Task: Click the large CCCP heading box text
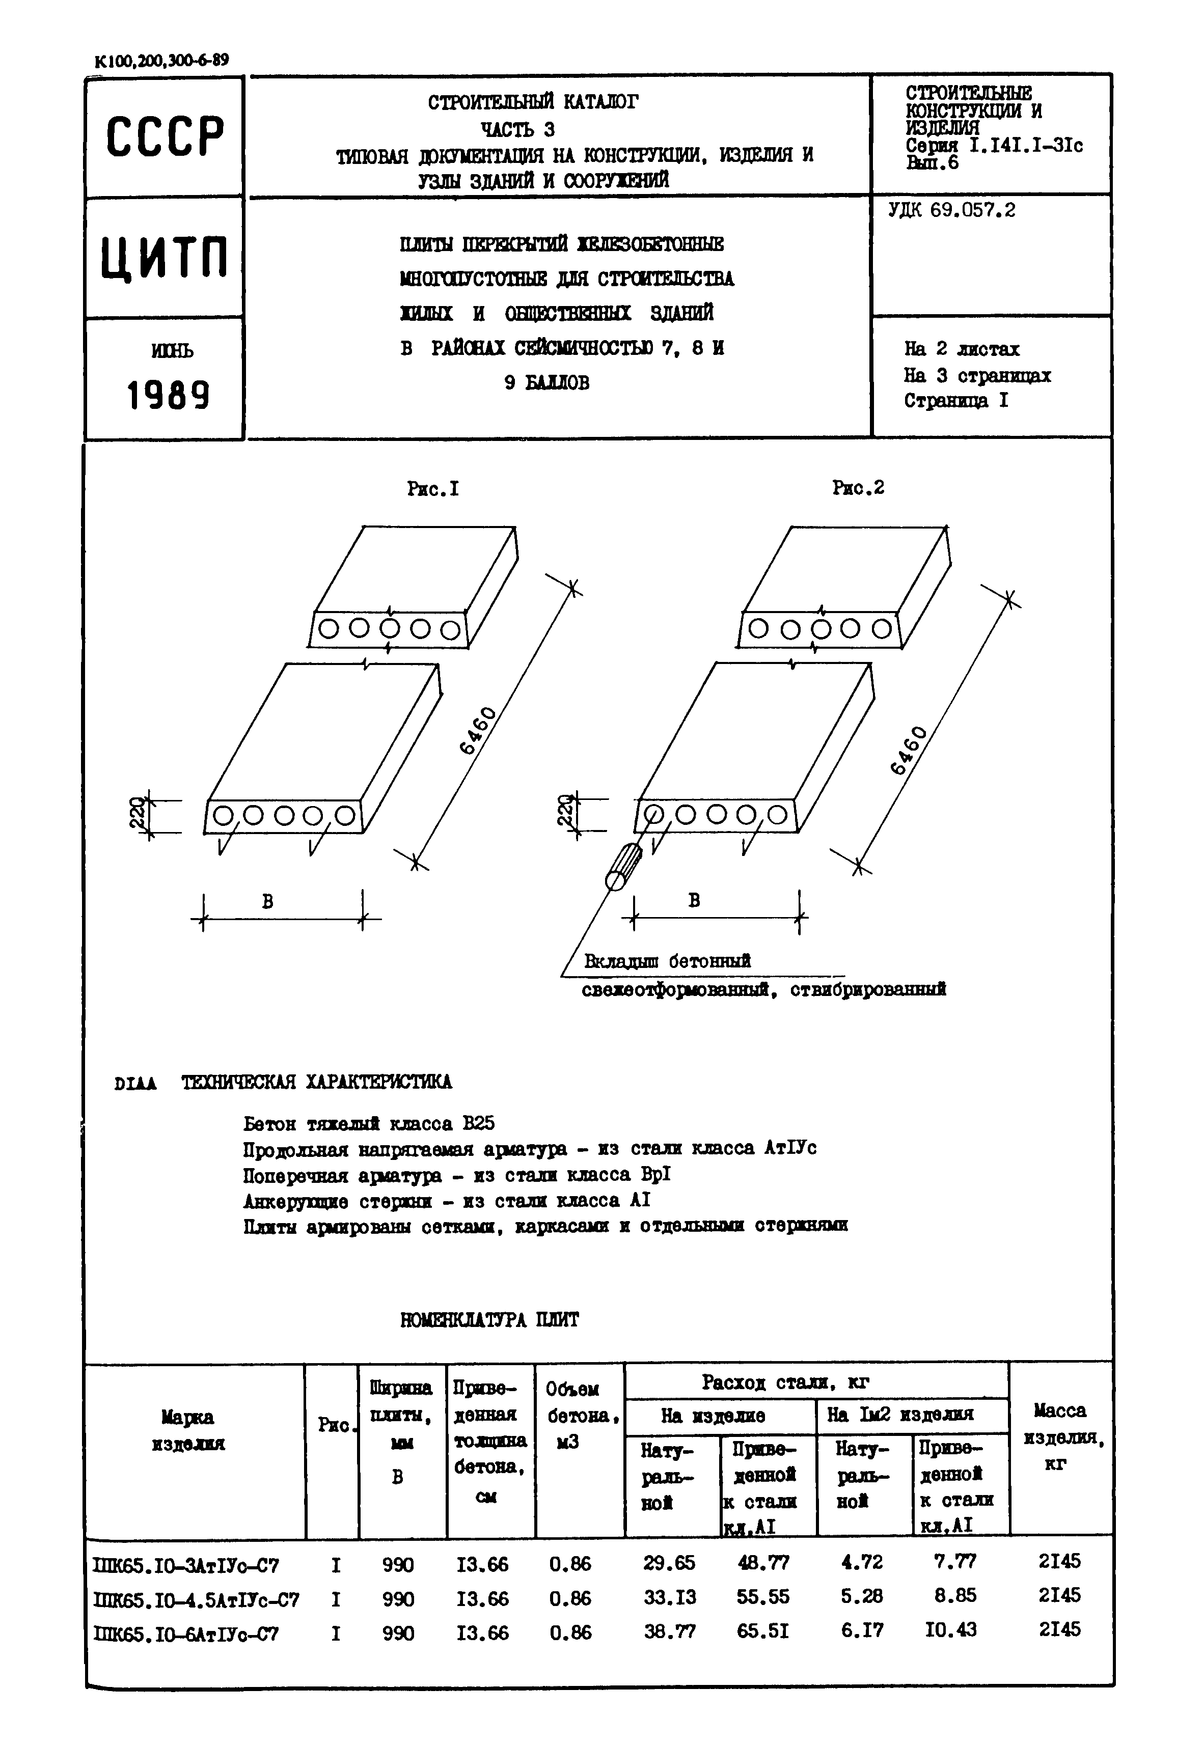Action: (x=165, y=136)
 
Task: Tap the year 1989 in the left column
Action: (x=168, y=394)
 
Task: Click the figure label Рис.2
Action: (x=858, y=488)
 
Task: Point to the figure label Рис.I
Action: (x=432, y=489)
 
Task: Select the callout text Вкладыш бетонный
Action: (x=668, y=961)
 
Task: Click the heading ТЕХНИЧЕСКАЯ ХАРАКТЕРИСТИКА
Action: (x=317, y=1082)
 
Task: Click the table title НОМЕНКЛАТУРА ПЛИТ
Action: (x=489, y=1320)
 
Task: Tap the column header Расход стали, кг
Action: (x=785, y=1381)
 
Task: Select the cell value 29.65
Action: (x=669, y=1562)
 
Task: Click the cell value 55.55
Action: (x=763, y=1596)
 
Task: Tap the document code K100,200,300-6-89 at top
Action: (x=162, y=60)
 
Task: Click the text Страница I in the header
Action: (x=956, y=400)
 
